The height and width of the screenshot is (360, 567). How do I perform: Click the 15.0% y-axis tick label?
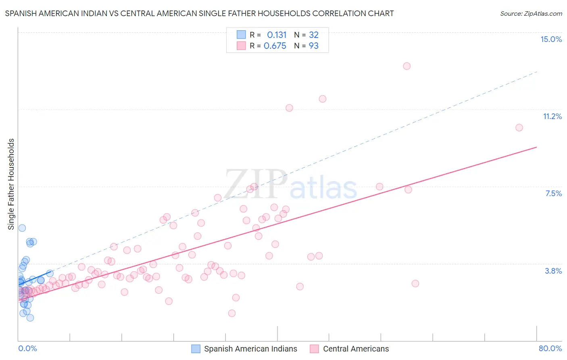tap(551, 39)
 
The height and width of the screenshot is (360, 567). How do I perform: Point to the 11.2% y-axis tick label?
tap(552, 116)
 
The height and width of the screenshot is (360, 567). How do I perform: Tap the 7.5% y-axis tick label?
tap(553, 193)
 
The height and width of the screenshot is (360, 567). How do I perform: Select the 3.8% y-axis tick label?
tap(553, 271)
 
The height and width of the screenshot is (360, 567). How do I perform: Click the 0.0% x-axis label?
tap(27, 348)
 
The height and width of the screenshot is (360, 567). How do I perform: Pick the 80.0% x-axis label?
tap(550, 348)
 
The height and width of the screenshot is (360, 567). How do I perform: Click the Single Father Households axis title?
tap(11, 184)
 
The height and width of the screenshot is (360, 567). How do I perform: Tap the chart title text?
tap(199, 13)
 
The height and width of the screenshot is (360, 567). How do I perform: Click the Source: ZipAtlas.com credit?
tap(531, 13)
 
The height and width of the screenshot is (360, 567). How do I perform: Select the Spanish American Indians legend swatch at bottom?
tap(196, 349)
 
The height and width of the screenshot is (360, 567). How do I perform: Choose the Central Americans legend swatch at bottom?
tap(315, 349)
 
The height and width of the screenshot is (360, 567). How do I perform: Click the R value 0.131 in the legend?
tap(277, 35)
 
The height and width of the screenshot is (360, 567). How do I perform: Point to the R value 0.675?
tap(275, 46)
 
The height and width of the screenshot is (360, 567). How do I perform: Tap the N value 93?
tap(314, 46)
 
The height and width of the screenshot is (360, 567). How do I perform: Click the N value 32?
tap(314, 35)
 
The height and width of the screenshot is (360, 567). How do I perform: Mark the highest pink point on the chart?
tap(406, 66)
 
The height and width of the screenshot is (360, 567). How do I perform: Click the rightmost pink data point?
tap(519, 128)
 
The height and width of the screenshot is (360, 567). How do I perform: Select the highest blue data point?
tap(22, 228)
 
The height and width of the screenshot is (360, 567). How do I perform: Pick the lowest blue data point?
tap(30, 318)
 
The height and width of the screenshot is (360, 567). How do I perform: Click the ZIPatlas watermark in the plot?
tap(291, 185)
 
